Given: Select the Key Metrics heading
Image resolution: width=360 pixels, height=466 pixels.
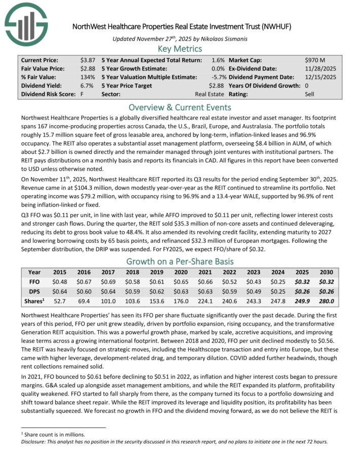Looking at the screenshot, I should (180, 49).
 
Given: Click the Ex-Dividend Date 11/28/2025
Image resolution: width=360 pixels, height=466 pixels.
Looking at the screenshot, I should (321, 68).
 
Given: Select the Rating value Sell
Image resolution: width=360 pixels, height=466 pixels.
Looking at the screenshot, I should (310, 94).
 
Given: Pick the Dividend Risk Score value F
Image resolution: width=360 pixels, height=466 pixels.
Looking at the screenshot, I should (82, 94).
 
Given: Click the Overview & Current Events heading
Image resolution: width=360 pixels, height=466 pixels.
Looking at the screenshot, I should (180, 107).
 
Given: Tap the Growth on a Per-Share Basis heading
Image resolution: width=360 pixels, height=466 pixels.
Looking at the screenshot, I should (180, 262).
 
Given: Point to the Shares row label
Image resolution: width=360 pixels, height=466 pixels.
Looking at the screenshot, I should (34, 300).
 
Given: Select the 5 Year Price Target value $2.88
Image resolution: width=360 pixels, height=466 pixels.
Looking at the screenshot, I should (217, 86).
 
